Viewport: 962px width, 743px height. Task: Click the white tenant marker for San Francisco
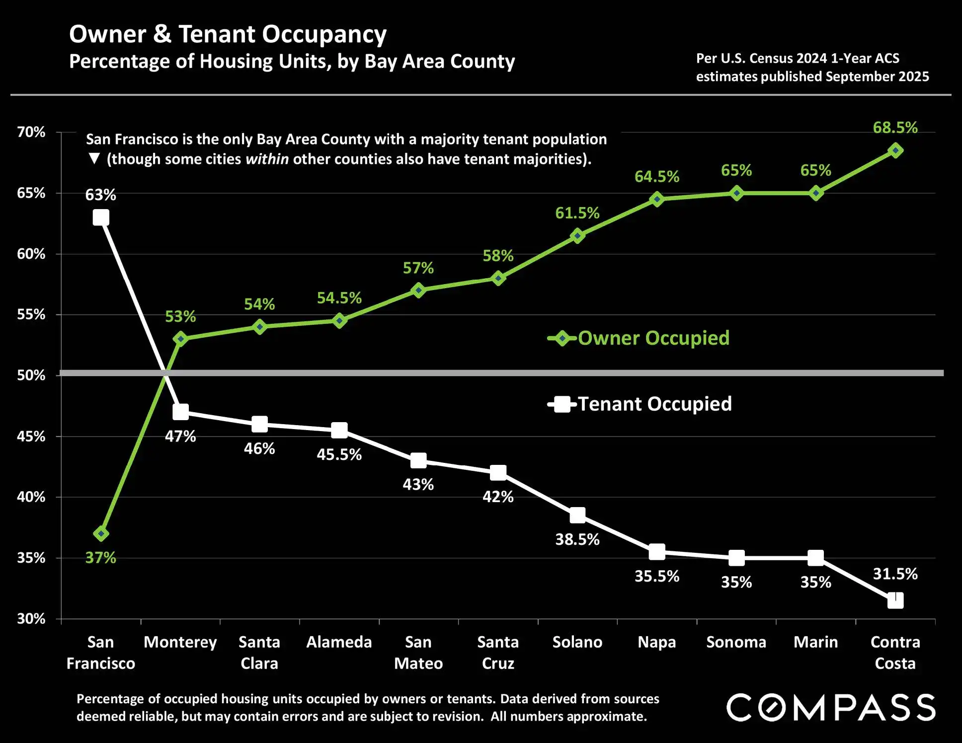(x=101, y=218)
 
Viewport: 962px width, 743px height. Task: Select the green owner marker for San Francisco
(x=101, y=534)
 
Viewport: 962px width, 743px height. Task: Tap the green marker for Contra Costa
(x=895, y=150)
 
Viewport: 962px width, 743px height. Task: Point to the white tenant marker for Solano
(x=577, y=516)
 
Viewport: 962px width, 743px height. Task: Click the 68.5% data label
(x=895, y=128)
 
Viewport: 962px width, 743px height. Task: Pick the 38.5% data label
(x=577, y=539)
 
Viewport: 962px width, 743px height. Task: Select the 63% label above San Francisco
(x=100, y=195)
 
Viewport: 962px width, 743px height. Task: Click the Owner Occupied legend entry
(x=639, y=338)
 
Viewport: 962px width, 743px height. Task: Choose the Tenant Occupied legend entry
(x=640, y=404)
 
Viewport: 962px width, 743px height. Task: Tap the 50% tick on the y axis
(x=31, y=375)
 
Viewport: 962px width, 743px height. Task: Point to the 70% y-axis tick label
(x=31, y=132)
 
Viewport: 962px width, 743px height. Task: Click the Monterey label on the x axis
(x=180, y=642)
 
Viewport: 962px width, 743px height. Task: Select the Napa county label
(x=657, y=642)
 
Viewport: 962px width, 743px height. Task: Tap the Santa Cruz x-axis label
(x=498, y=653)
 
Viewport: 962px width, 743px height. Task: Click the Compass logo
(x=831, y=707)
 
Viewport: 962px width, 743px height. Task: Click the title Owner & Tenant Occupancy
(x=228, y=34)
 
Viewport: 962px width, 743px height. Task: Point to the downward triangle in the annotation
(x=94, y=159)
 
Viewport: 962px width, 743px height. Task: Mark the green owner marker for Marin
(x=816, y=193)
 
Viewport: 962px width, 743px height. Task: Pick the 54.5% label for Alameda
(x=339, y=298)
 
